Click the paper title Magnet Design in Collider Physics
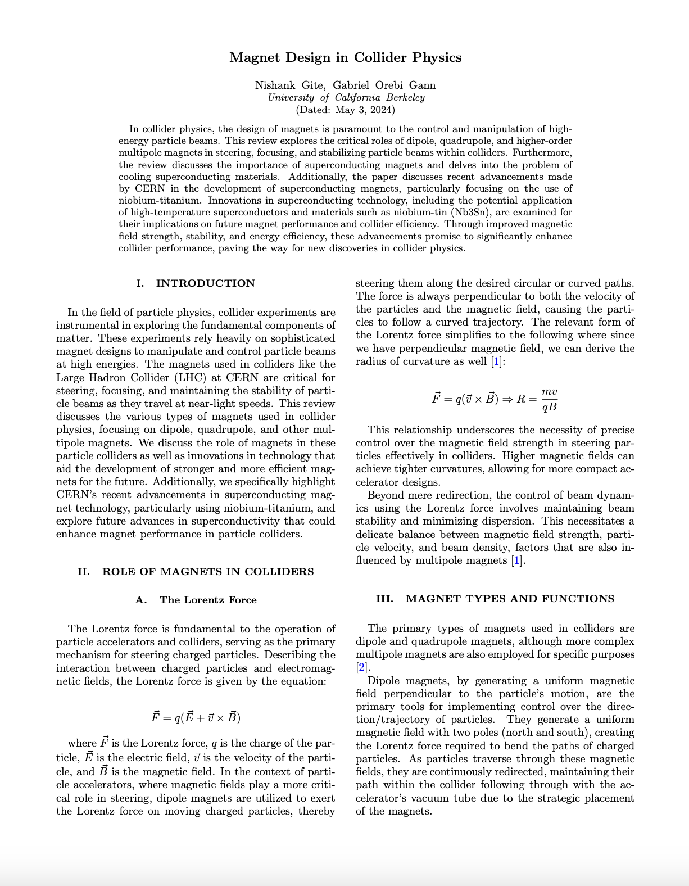[x=345, y=57]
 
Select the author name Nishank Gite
[x=289, y=85]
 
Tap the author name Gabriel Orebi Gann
[x=384, y=85]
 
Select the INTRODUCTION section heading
[x=205, y=283]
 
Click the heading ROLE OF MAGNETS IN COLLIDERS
[x=207, y=572]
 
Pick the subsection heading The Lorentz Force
[x=208, y=600]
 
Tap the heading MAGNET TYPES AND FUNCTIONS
[x=510, y=599]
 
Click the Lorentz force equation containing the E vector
[x=196, y=717]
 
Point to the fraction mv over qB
[x=549, y=399]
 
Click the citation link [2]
[x=361, y=668]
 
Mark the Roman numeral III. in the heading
[x=384, y=599]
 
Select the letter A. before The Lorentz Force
[x=141, y=600]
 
